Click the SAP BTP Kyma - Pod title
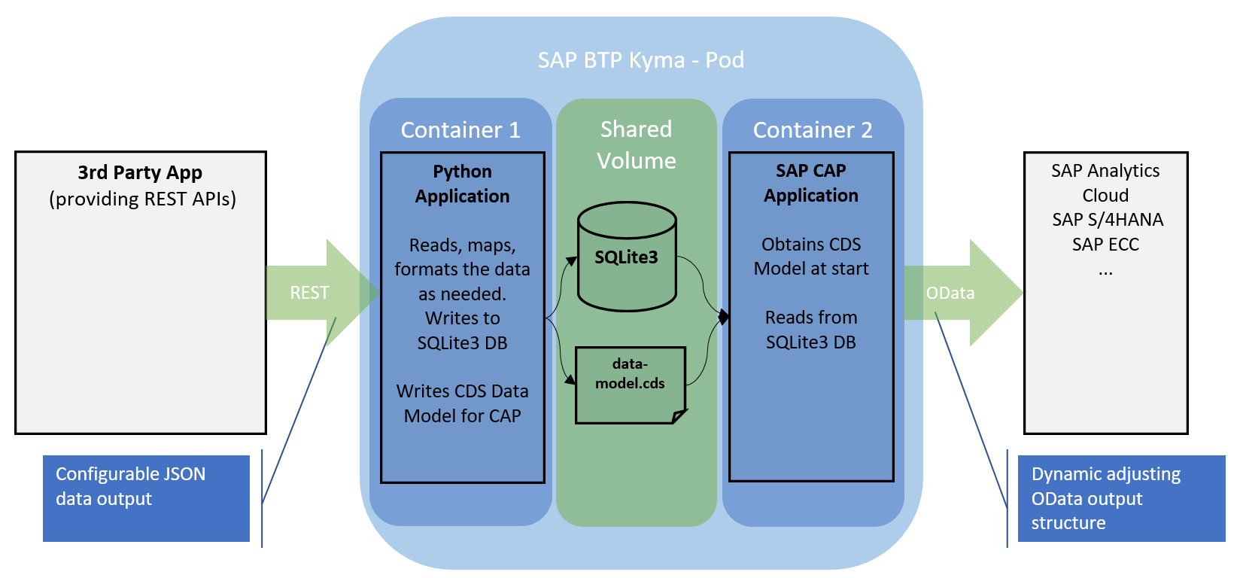pyautogui.click(x=640, y=60)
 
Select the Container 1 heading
pyautogui.click(x=460, y=130)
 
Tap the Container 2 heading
pyautogui.click(x=813, y=130)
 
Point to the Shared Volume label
pyautogui.click(x=636, y=144)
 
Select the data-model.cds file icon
pyautogui.click(x=631, y=385)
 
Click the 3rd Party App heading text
pyautogui.click(x=140, y=172)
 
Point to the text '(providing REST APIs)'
pyautogui.click(x=143, y=199)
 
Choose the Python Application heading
pyautogui.click(x=462, y=184)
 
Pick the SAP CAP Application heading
pyautogui.click(x=811, y=183)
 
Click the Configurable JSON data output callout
pyautogui.click(x=146, y=497)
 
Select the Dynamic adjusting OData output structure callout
pyautogui.click(x=1120, y=497)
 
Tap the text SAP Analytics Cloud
pyautogui.click(x=1105, y=183)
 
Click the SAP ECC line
pyautogui.click(x=1105, y=245)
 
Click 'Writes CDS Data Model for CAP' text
pyautogui.click(x=462, y=403)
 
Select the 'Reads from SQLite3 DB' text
pyautogui.click(x=811, y=330)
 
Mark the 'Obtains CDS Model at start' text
pyautogui.click(x=811, y=257)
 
